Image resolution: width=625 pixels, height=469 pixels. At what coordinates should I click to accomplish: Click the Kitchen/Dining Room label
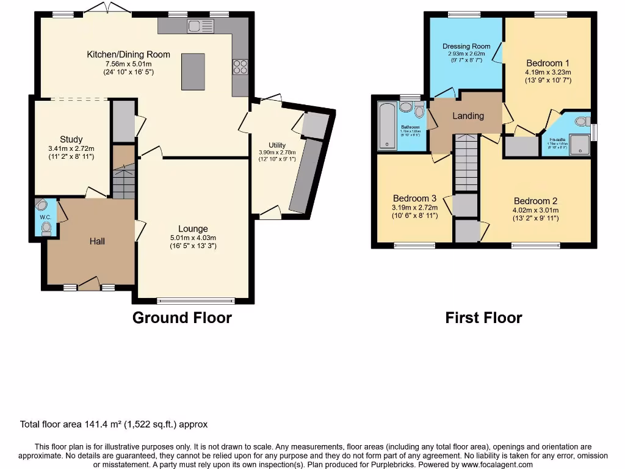tap(128, 54)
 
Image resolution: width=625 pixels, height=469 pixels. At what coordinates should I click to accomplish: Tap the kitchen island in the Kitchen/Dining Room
tap(193, 71)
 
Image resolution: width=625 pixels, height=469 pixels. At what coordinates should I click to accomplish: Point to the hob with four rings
tap(239, 67)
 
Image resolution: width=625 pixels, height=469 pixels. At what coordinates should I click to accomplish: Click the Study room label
tap(71, 139)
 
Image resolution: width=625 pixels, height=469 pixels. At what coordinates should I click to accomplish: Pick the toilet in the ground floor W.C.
tap(46, 228)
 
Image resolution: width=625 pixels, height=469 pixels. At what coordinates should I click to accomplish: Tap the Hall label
tap(97, 241)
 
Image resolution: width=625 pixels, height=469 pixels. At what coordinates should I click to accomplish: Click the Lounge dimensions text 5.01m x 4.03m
tap(193, 238)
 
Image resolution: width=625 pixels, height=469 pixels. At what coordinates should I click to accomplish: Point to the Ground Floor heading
tap(182, 318)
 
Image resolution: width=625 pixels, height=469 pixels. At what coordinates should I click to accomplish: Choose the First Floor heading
tap(483, 318)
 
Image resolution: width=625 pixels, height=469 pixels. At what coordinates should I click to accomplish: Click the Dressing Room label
tap(466, 46)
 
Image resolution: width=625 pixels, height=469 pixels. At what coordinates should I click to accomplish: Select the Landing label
tap(468, 115)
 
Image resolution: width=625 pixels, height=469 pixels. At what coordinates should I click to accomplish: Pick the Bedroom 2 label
tap(535, 201)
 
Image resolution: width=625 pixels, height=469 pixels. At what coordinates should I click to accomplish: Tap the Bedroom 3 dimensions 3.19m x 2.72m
tap(414, 207)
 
